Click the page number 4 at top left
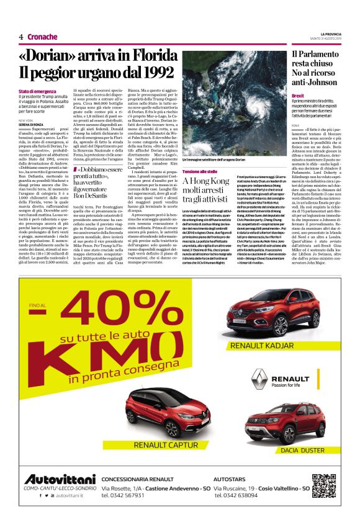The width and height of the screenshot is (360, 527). pyautogui.click(x=21, y=37)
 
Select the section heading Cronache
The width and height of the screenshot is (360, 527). pyautogui.click(x=42, y=37)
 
